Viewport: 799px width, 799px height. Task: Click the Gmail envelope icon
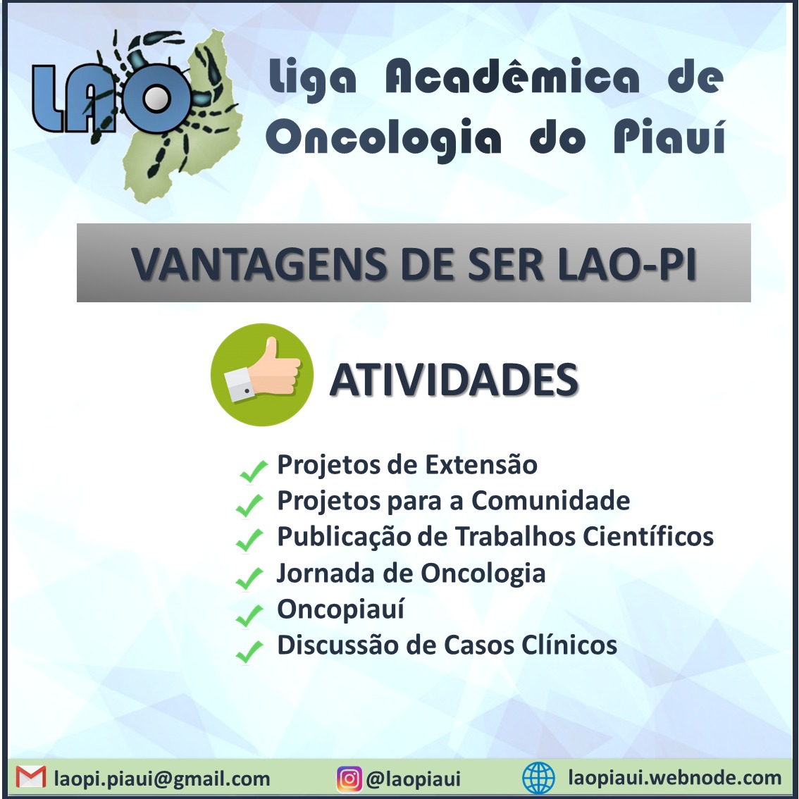coord(30,777)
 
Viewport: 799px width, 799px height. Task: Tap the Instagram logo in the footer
coord(349,779)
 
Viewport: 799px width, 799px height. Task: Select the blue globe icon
coord(538,778)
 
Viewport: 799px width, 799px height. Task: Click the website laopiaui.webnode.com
coord(675,778)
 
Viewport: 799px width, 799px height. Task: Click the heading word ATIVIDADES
coord(454,380)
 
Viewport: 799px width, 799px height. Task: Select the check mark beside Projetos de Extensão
coord(253,471)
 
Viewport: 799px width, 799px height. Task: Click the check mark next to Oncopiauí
coord(249,615)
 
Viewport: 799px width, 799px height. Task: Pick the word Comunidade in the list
coord(551,500)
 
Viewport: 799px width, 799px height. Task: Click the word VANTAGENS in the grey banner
coord(261,264)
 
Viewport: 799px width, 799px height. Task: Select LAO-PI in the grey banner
coord(627,264)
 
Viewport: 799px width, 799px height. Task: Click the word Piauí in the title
coord(669,135)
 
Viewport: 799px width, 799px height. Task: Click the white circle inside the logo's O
coord(156,99)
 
